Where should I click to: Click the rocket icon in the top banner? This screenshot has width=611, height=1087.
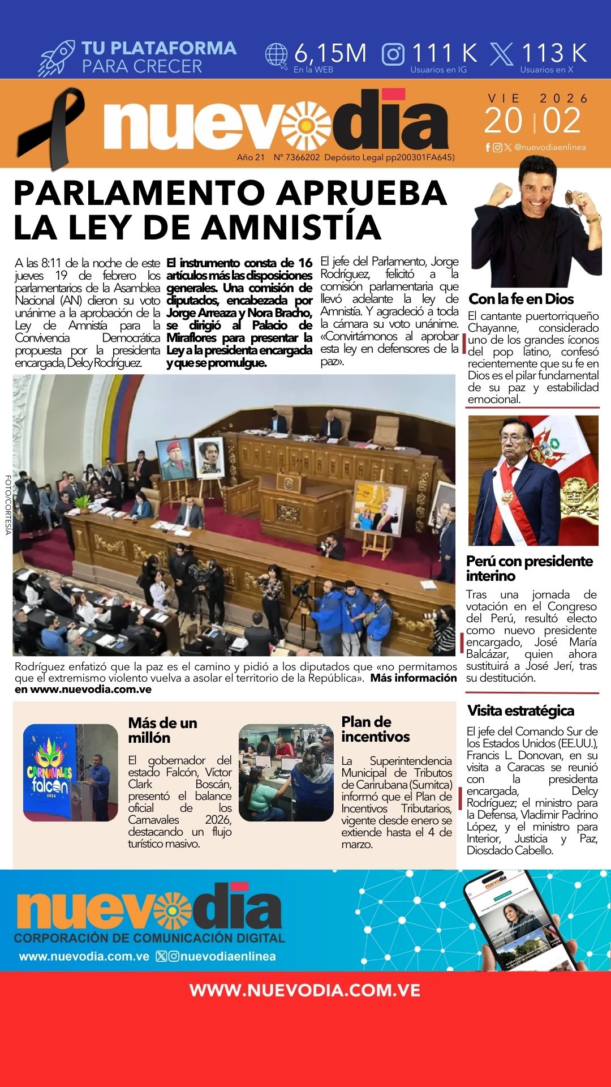pyautogui.click(x=57, y=58)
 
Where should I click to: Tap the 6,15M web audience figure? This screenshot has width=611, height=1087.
pyautogui.click(x=330, y=53)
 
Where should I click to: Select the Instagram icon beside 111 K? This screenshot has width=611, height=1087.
pyautogui.click(x=393, y=54)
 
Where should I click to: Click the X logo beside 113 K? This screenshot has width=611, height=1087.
pyautogui.click(x=501, y=54)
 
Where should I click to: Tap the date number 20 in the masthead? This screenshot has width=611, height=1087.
pyautogui.click(x=503, y=121)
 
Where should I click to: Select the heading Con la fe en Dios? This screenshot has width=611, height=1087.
pyautogui.click(x=521, y=299)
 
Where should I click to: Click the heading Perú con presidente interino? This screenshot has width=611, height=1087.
pyautogui.click(x=529, y=568)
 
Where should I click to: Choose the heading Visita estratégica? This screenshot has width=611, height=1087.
pyautogui.click(x=520, y=711)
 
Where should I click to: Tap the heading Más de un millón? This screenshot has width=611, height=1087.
pyautogui.click(x=162, y=730)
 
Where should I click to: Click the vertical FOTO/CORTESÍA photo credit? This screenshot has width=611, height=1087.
pyautogui.click(x=8, y=504)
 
